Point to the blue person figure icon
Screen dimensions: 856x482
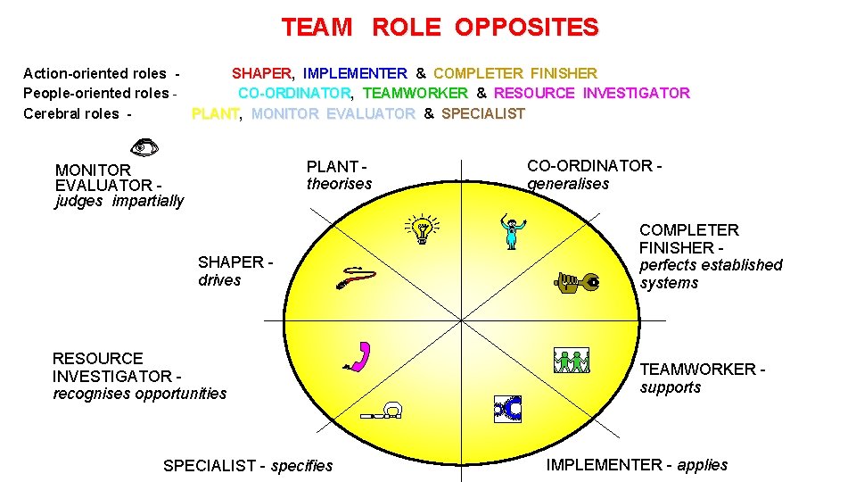[x=512, y=231]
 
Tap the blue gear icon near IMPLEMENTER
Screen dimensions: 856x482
[x=507, y=408]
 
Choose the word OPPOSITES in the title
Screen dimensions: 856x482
[x=526, y=28]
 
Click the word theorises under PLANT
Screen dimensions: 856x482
[x=339, y=184]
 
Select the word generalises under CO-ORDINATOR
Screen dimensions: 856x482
[x=568, y=184]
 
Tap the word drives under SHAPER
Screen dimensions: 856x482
[x=219, y=280]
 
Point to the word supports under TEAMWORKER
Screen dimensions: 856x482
[x=670, y=387]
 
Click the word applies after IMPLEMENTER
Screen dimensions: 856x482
[x=702, y=465]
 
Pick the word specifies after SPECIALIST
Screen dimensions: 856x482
[x=301, y=466]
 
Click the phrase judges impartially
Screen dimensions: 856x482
[x=119, y=201]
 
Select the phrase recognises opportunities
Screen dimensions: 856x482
[x=139, y=394]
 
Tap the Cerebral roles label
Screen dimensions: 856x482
[x=71, y=113]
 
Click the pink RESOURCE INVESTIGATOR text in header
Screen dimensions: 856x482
[x=591, y=93]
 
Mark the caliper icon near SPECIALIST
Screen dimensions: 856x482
[x=384, y=411]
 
